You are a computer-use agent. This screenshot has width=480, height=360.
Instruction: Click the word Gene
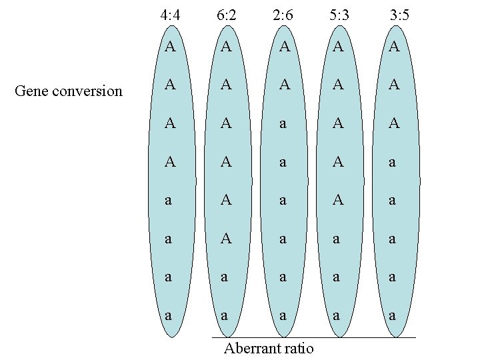[x=30, y=91]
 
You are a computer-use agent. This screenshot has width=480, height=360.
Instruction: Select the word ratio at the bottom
[x=297, y=348]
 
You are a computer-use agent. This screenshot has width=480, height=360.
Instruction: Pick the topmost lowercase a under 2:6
[x=284, y=124]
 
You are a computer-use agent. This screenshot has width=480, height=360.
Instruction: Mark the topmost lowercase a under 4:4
[x=170, y=200]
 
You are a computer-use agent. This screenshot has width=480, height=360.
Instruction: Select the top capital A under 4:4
[x=170, y=47]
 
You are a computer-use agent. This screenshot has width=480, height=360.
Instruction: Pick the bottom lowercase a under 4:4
[x=170, y=314]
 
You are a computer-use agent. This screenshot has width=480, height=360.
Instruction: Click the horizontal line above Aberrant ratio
[x=313, y=337]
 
